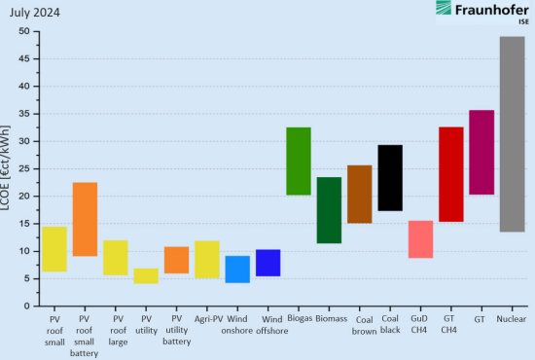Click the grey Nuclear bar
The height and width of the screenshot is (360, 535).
[512, 134]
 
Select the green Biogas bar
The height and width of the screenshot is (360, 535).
[299, 162]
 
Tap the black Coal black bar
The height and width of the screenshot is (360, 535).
[390, 178]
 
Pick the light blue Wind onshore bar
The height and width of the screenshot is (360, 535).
[237, 270]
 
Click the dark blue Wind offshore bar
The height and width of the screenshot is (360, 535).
[267, 263]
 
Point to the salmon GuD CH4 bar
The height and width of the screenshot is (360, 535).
[420, 239]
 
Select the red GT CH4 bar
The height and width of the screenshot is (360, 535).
[451, 174]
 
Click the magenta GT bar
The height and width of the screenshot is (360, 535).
[481, 153]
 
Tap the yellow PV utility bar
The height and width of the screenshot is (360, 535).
[146, 276]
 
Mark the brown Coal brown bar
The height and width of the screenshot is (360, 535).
[359, 195]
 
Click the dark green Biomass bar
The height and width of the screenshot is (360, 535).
[329, 210]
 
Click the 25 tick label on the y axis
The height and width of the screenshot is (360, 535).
[25, 168]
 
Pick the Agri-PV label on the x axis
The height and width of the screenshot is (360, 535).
[208, 318]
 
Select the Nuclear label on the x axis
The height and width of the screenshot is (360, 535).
[512, 318]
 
